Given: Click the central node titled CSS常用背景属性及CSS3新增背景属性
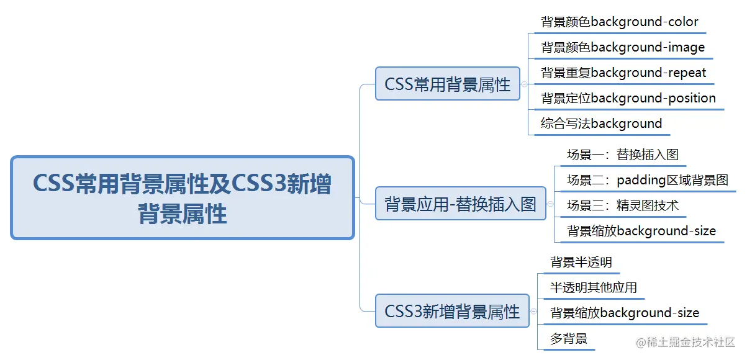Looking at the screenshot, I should tap(183, 198).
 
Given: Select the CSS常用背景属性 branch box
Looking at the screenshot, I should tap(448, 84).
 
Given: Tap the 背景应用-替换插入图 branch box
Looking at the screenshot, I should tap(461, 204).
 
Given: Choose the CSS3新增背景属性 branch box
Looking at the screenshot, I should tap(452, 311).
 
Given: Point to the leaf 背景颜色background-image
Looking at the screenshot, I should tap(623, 48).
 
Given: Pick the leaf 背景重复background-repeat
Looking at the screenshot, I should tap(623, 73).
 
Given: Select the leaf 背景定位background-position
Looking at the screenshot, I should tap(628, 99).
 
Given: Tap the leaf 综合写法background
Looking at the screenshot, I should tap(601, 124).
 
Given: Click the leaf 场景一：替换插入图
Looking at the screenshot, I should tap(618, 155).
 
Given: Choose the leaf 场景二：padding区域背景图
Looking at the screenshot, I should tap(647, 181).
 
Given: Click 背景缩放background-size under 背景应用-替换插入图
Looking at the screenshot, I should tap(641, 232).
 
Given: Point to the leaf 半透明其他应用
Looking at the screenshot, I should tap(594, 288).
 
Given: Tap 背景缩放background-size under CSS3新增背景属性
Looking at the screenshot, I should tap(625, 313).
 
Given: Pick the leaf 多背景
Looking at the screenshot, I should tap(569, 339).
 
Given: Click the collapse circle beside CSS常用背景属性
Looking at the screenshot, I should tap(525, 84).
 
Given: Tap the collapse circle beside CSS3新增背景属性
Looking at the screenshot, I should tap(533, 311).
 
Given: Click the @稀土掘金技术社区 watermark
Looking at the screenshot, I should tap(682, 342).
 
